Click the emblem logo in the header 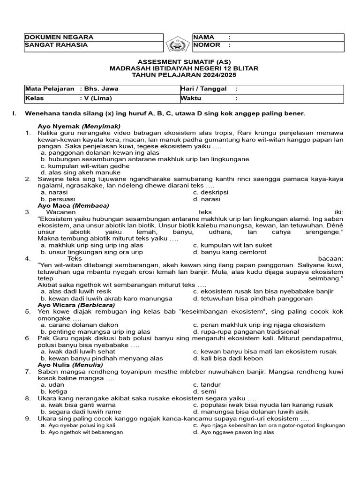point(178,45)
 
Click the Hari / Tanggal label point(203,89)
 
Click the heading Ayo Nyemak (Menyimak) point(79,126)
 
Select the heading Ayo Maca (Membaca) point(73,205)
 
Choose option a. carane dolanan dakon point(79,324)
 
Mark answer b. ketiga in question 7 point(54,391)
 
